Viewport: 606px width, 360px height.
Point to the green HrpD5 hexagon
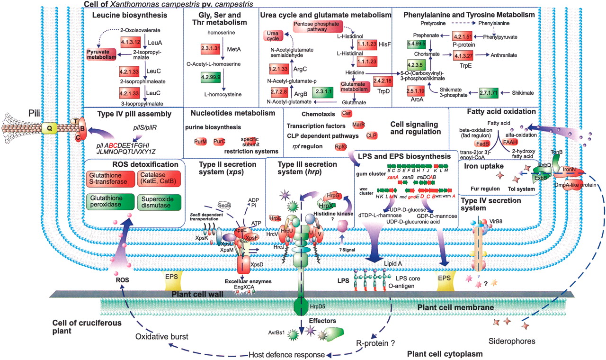tap(304, 305)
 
